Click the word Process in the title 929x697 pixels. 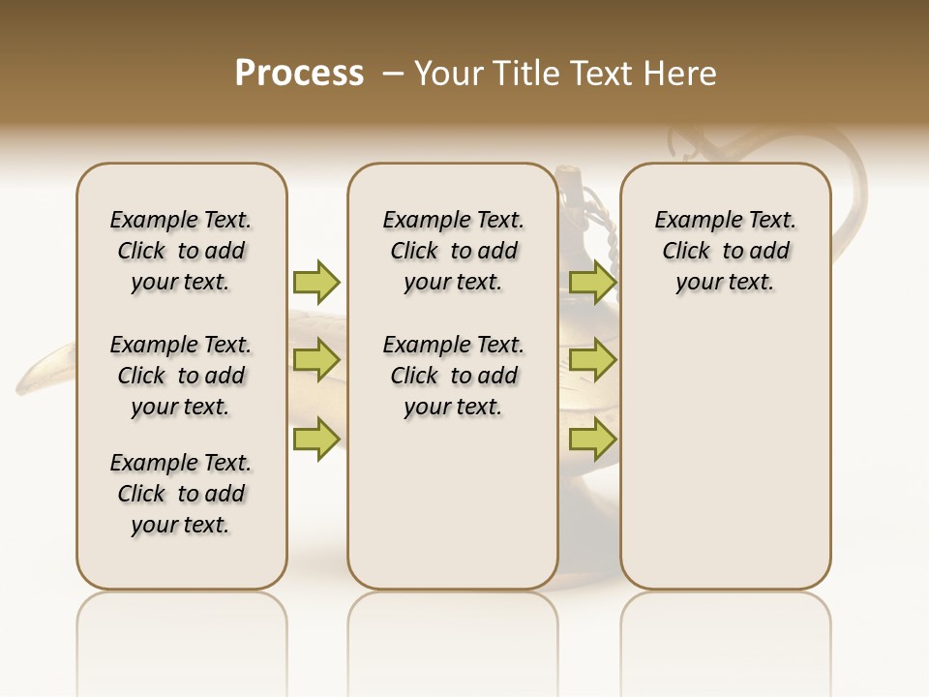[x=299, y=73]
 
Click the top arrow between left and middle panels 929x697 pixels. [x=316, y=282]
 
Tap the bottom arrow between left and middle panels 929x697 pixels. [x=316, y=439]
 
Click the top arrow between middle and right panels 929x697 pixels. [x=592, y=282]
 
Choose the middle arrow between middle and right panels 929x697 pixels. [x=592, y=360]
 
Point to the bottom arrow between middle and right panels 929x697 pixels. [x=592, y=439]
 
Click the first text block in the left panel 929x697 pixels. [x=181, y=251]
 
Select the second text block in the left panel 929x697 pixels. [x=181, y=376]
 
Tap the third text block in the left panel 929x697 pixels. [x=181, y=494]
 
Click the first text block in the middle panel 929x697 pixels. [x=453, y=251]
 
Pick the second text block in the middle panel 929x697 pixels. [x=453, y=376]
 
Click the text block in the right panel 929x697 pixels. [x=726, y=251]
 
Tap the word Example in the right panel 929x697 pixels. [x=690, y=221]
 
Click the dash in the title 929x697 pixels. [x=393, y=74]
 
